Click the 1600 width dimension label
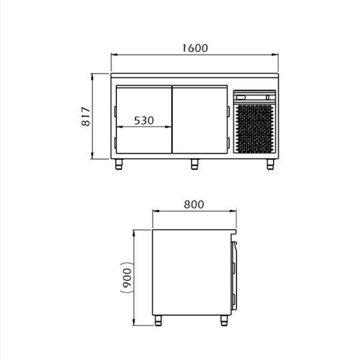pyautogui.click(x=195, y=48)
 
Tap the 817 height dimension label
pyautogui.click(x=86, y=116)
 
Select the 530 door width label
pyautogui.click(x=144, y=121)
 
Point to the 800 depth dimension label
pyautogui.click(x=194, y=205)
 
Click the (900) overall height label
pyautogui.click(x=127, y=278)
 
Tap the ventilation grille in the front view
pyautogui.click(x=254, y=129)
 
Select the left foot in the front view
pyautogui.click(x=119, y=164)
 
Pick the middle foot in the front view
pyautogui.click(x=194, y=164)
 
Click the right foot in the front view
pyautogui.click(x=271, y=164)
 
